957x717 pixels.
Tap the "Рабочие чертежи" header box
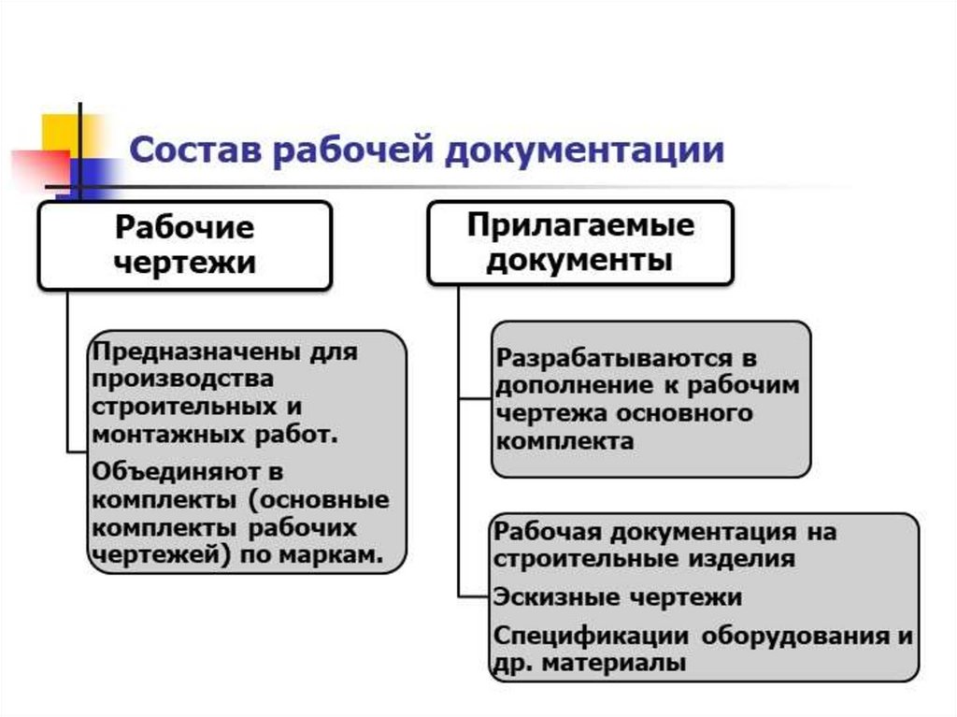184,245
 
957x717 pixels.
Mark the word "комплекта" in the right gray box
564,440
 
